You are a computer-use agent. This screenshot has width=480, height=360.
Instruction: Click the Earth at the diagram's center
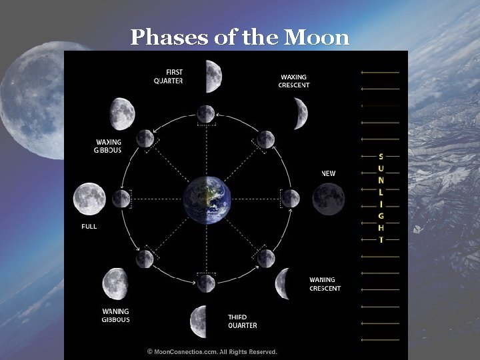coord(207,198)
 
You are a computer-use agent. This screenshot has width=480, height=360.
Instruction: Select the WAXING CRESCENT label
coord(294,80)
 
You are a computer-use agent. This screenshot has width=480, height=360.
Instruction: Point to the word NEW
coord(329,173)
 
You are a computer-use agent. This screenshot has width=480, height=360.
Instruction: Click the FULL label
coord(89,227)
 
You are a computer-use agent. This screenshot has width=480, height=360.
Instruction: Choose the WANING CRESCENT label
coord(325,284)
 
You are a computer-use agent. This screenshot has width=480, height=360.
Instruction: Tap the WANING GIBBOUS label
coord(115,315)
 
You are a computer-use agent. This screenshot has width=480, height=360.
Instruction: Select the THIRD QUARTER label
coord(242,321)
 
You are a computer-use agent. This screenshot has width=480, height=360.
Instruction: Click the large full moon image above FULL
coord(89,198)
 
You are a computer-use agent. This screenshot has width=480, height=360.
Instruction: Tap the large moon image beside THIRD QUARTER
coord(199,321)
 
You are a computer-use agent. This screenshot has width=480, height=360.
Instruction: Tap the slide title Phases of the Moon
coord(240,37)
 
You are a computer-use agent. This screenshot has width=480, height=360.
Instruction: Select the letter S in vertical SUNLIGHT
coord(381,156)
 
